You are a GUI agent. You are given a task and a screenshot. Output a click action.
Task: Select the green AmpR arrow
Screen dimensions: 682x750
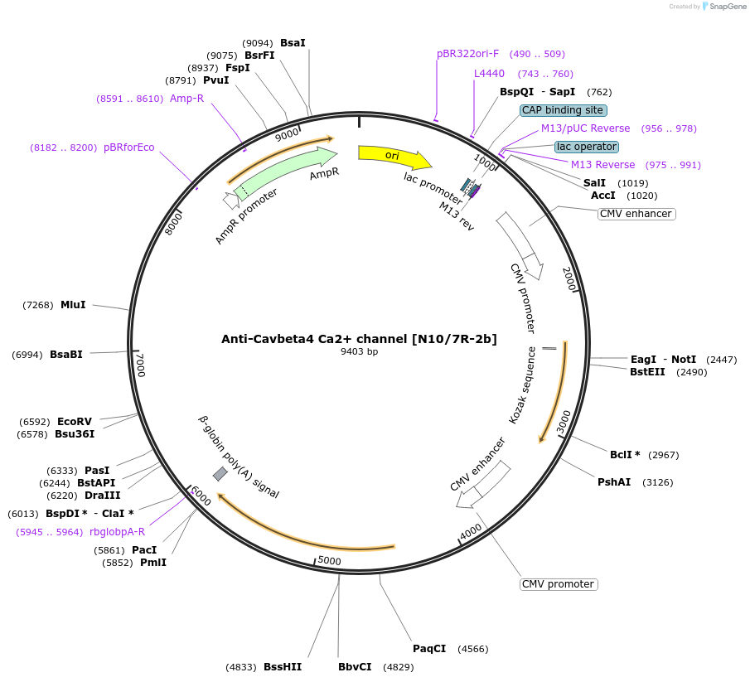point(286,172)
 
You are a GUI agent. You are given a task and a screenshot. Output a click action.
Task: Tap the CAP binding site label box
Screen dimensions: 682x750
point(564,110)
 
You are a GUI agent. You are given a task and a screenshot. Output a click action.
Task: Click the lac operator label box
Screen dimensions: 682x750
point(586,147)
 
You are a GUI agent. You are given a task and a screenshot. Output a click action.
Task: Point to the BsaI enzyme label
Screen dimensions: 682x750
point(293,42)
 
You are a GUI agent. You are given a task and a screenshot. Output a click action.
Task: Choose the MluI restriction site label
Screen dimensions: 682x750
point(73,305)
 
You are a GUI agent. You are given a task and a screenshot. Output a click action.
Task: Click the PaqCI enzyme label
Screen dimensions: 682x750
point(429,648)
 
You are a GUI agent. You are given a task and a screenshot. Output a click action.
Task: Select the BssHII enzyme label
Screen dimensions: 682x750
point(283,666)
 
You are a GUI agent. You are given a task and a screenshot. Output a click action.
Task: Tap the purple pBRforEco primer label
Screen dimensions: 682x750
point(128,148)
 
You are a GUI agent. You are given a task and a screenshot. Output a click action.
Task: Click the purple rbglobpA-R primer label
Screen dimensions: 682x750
point(117,532)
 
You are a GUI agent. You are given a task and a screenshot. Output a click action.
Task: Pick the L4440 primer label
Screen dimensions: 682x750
point(489,74)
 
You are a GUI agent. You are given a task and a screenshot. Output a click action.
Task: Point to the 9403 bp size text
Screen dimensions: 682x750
point(359,351)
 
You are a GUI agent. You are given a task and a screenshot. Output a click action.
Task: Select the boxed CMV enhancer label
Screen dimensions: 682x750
point(636,214)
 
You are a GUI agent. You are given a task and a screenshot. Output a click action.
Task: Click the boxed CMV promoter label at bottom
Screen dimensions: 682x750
point(559,584)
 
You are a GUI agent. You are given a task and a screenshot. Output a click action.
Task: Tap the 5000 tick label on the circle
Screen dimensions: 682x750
point(330,561)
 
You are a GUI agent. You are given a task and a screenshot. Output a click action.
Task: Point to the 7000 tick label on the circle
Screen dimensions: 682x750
point(141,365)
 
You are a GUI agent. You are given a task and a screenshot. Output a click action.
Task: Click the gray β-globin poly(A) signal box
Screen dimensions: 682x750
point(220,473)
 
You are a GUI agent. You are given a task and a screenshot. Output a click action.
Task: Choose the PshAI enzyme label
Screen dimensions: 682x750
point(614,481)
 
